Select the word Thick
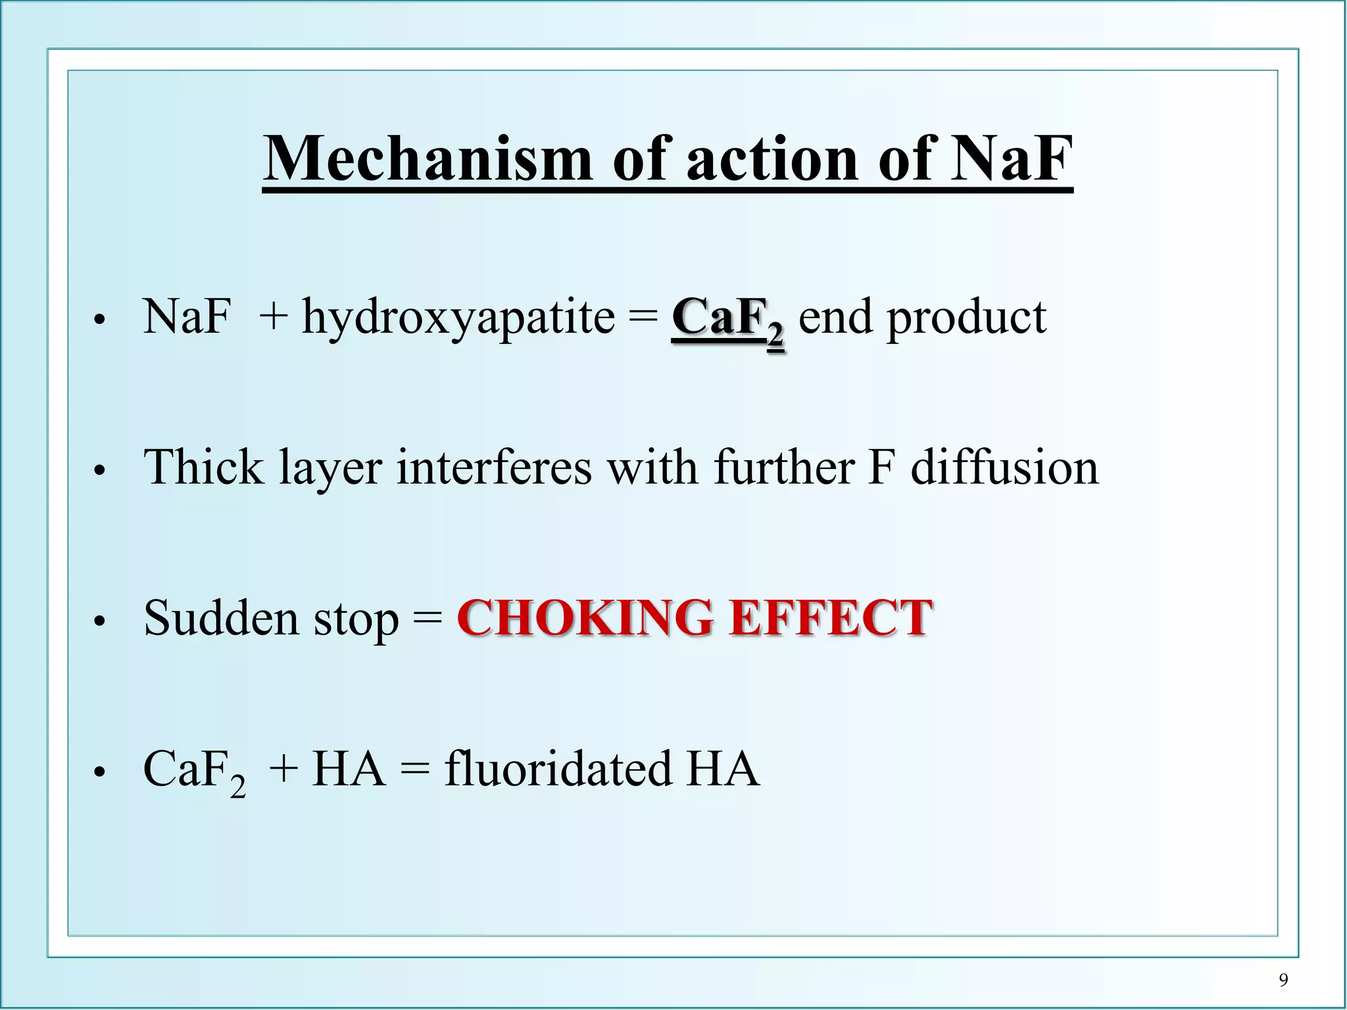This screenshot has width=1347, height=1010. pos(203,467)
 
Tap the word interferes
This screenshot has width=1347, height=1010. pos(493,467)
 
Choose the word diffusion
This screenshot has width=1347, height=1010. pos(1004,467)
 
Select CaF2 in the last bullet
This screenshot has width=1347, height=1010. pos(194,771)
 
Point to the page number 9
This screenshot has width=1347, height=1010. pos(1283,980)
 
